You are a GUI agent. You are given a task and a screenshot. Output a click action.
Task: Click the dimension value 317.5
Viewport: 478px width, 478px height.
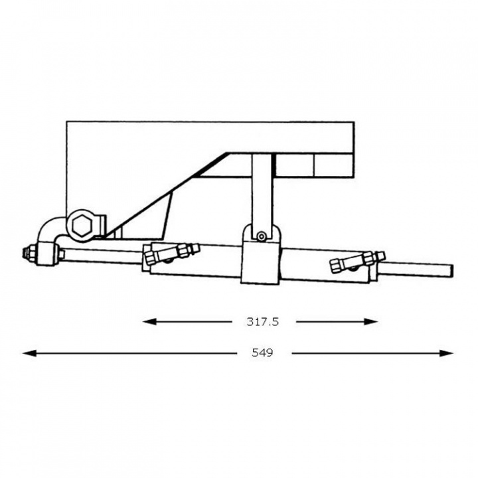pos(262,321)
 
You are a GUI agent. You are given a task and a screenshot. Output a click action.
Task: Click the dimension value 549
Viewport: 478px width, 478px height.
pos(262,353)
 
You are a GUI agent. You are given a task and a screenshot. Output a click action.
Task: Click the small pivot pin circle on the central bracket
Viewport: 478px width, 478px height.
pos(263,235)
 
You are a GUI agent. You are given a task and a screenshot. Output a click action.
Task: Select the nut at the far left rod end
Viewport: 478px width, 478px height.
pos(30,252)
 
